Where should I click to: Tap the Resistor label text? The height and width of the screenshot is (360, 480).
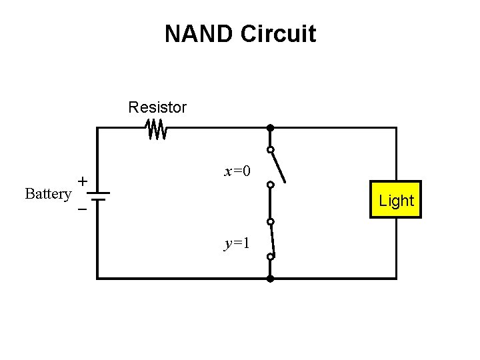click(157, 107)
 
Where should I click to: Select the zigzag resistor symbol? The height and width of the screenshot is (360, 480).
click(157, 129)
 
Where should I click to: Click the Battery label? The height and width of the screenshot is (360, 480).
click(48, 194)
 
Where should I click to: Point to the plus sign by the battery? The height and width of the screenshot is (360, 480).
click(82, 181)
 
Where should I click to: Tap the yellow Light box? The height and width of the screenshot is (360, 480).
click(396, 200)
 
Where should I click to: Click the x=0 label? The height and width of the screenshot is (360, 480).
click(237, 172)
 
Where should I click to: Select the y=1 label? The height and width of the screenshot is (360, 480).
click(237, 243)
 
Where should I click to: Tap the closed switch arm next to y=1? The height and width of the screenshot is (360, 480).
click(271, 239)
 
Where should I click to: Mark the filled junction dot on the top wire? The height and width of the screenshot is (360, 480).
click(270, 127)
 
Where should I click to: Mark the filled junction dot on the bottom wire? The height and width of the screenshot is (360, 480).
click(270, 278)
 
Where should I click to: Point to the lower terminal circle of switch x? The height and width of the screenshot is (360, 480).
click(270, 185)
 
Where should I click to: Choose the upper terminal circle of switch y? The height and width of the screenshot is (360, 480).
click(270, 222)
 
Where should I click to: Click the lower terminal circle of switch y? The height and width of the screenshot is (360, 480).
click(270, 257)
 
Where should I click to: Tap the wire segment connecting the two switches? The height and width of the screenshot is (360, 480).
click(270, 203)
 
